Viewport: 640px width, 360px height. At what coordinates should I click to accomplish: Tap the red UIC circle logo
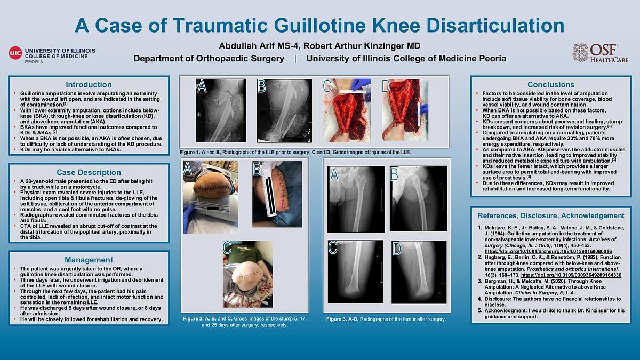click(x=15, y=53)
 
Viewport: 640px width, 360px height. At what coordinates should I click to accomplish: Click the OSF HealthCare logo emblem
click(x=580, y=53)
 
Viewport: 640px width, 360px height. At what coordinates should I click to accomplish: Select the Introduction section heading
click(x=89, y=85)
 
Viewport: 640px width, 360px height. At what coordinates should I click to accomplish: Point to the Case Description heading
click(x=89, y=172)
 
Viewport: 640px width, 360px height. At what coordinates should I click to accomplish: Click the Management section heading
click(x=89, y=260)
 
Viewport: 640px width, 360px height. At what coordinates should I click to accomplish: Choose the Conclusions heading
click(x=551, y=85)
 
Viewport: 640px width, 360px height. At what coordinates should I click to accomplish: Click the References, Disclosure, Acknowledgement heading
click(x=551, y=215)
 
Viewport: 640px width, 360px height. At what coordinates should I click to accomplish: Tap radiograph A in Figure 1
click(x=221, y=110)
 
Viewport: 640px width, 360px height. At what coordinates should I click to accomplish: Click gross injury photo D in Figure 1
click(x=405, y=110)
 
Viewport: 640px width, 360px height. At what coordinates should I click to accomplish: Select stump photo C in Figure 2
click(x=247, y=274)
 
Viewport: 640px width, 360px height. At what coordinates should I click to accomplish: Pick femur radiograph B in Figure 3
click(x=418, y=198)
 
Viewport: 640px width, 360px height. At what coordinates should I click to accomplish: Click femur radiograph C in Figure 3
click(x=355, y=271)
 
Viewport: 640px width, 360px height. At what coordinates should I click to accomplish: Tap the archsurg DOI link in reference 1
click(x=548, y=251)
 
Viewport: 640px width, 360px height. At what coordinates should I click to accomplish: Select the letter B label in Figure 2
click(x=257, y=169)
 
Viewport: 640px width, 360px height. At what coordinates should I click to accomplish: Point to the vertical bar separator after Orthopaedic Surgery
click(x=295, y=59)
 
